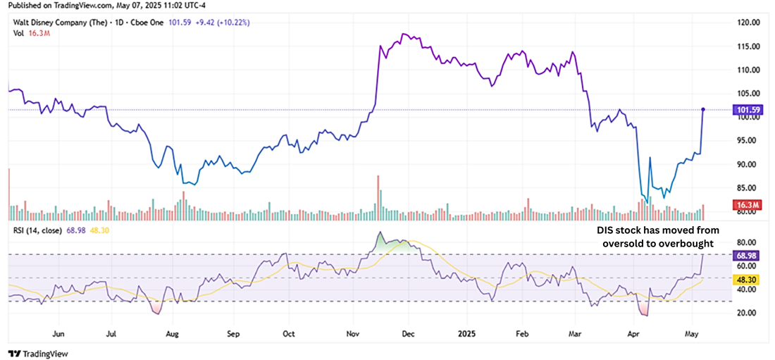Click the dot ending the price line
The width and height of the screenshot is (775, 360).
pyautogui.click(x=703, y=109)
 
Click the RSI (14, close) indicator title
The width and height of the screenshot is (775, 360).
pyautogui.click(x=33, y=230)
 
